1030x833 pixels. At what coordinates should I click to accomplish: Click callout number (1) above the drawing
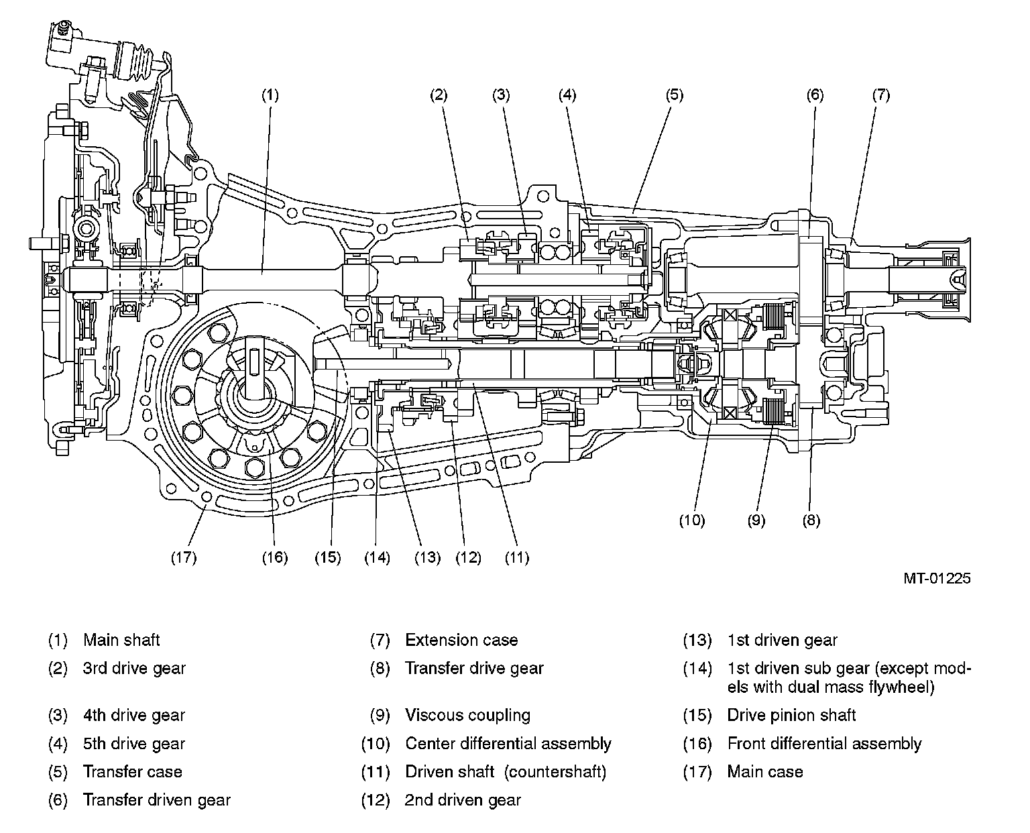click(270, 95)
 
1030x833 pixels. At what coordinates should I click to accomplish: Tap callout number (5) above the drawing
click(675, 95)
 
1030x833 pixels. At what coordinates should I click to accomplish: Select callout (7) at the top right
click(881, 95)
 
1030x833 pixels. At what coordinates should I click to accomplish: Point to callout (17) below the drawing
click(184, 558)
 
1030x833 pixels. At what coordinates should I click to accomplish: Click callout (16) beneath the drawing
click(275, 558)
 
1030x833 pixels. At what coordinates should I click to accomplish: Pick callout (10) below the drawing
click(692, 520)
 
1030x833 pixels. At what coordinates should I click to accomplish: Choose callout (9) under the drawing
click(756, 520)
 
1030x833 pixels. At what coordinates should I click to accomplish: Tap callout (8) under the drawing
click(811, 520)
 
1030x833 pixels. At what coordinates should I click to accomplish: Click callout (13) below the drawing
click(427, 558)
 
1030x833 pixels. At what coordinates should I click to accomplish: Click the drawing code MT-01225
click(937, 579)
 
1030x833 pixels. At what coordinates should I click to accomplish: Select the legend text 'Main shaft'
click(121, 640)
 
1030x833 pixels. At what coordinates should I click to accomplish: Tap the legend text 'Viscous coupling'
click(467, 716)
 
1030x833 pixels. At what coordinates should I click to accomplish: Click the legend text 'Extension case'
click(461, 640)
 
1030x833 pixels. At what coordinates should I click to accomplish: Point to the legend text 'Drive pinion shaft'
click(791, 715)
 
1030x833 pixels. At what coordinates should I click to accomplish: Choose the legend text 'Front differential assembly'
click(825, 744)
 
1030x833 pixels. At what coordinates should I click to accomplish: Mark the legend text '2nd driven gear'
click(463, 800)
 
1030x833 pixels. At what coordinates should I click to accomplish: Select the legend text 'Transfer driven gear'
click(157, 800)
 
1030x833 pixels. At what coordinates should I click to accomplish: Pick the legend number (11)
click(376, 772)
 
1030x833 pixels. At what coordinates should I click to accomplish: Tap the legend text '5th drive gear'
click(134, 744)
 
